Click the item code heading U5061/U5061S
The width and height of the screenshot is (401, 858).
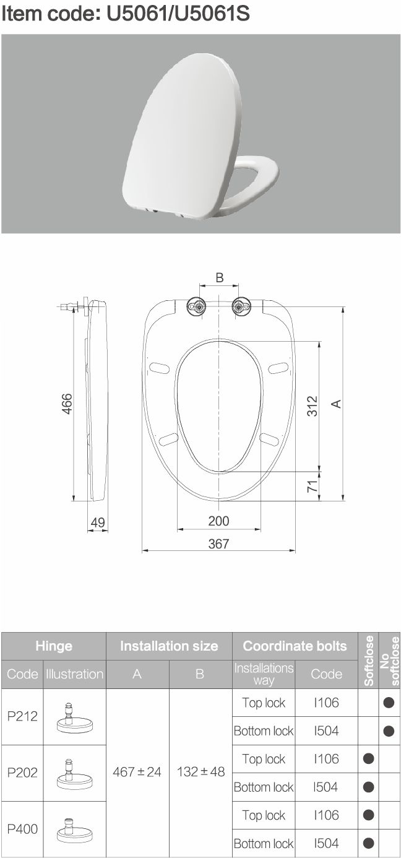[x=125, y=14]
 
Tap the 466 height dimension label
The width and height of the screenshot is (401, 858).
[x=67, y=404]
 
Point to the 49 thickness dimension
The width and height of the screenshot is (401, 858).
[x=98, y=522]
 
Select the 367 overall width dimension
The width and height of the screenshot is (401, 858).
[x=218, y=544]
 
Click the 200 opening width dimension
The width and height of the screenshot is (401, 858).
[x=218, y=521]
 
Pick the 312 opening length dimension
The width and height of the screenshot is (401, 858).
[x=313, y=405]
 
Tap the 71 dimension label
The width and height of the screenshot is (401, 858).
[x=313, y=486]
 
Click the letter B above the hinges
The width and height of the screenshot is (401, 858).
[x=220, y=277]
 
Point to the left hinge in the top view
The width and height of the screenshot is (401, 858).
[x=197, y=307]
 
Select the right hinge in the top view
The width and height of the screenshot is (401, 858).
[x=241, y=307]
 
